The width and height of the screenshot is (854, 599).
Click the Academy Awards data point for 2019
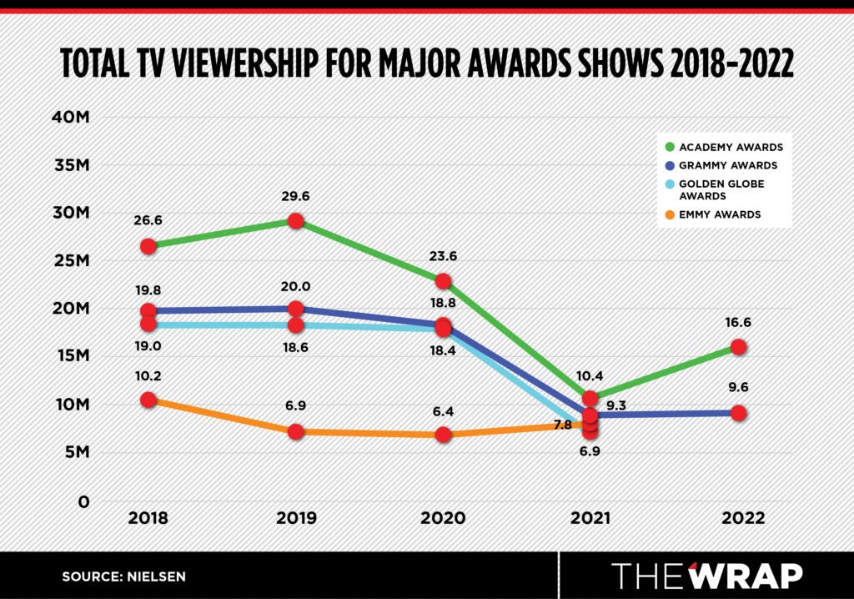pyautogui.click(x=295, y=221)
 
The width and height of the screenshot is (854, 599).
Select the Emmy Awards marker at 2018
pyautogui.click(x=148, y=400)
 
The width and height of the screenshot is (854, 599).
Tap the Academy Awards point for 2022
pyautogui.click(x=738, y=346)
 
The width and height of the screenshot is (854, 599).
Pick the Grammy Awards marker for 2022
pyautogui.click(x=738, y=412)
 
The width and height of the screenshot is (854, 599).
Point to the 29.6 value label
pyautogui.click(x=295, y=197)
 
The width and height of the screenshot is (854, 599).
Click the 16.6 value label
pyautogui.click(x=738, y=322)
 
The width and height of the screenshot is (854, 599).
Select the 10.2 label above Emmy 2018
pyautogui.click(x=148, y=375)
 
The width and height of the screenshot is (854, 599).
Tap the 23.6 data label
pyautogui.click(x=443, y=257)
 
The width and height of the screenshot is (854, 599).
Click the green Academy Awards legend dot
pyautogui.click(x=670, y=147)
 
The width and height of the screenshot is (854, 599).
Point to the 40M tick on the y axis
pyautogui.click(x=71, y=117)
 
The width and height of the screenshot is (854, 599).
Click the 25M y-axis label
pyautogui.click(x=71, y=261)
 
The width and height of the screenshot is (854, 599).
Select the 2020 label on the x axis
pyautogui.click(x=443, y=518)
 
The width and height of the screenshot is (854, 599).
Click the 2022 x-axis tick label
pyautogui.click(x=738, y=518)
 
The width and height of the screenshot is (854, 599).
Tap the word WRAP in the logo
pyautogui.click(x=744, y=576)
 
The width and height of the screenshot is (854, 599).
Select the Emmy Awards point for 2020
pyautogui.click(x=443, y=435)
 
